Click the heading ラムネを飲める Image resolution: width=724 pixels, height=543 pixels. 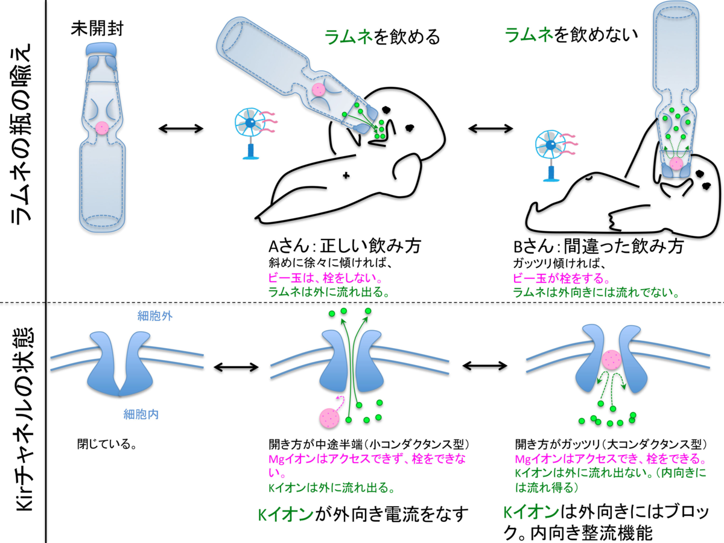tap(382, 37)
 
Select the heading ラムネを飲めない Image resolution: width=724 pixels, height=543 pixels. tap(571, 36)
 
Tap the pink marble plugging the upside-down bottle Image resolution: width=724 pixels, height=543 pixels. tap(676, 164)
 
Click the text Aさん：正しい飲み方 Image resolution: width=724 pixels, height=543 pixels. tap(345, 247)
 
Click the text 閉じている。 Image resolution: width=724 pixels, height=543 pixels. tap(105, 445)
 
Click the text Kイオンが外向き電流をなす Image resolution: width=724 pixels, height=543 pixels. tap(363, 515)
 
